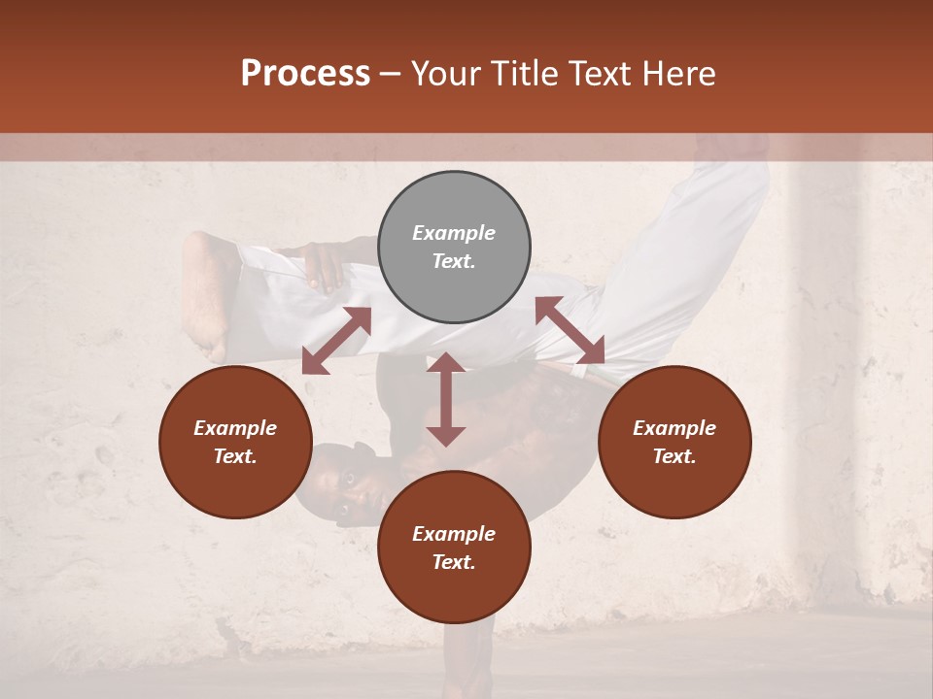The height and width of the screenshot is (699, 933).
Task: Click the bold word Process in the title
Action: click(305, 74)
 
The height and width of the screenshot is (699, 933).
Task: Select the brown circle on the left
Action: click(235, 442)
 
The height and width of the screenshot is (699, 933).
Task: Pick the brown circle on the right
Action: click(674, 442)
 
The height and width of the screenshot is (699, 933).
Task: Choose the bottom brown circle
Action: click(454, 547)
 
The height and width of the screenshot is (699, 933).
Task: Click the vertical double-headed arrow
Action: click(446, 399)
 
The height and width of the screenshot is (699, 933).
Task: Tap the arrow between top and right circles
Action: click(570, 330)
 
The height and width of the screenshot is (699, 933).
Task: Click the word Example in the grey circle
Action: click(454, 233)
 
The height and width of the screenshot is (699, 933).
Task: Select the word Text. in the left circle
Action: click(235, 456)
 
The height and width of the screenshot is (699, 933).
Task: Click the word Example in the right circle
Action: click(674, 428)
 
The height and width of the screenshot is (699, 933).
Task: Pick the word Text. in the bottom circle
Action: click(454, 562)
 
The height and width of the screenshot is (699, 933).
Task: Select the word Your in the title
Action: click(443, 74)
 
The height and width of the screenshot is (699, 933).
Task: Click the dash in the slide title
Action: click(390, 74)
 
